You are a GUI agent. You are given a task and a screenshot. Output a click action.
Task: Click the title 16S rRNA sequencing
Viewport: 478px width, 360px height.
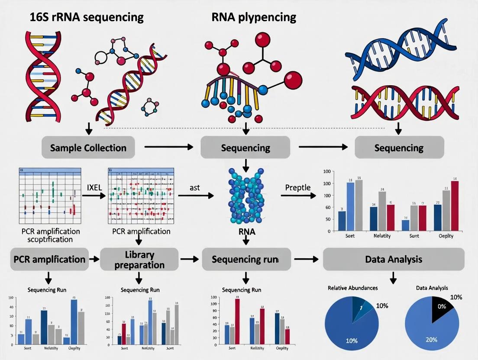(75, 17)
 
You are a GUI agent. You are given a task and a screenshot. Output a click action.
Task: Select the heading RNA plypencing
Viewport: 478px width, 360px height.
(254, 17)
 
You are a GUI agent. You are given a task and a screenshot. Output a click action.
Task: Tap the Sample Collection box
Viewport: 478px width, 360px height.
(88, 148)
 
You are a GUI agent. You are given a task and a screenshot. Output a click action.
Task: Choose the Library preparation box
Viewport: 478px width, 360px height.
(139, 259)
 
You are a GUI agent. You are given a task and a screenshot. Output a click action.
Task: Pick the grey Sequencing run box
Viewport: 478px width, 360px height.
(245, 259)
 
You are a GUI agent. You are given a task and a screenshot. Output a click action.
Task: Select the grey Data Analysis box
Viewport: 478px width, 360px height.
(394, 259)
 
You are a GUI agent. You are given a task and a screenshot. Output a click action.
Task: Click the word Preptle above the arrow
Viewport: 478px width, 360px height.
(298, 187)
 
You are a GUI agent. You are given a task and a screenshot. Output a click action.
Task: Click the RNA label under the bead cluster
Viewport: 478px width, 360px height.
(247, 232)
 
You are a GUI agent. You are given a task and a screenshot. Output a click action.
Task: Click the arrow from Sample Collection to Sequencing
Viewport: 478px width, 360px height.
(168, 148)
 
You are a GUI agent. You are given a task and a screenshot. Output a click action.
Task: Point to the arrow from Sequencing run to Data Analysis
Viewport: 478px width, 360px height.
(306, 259)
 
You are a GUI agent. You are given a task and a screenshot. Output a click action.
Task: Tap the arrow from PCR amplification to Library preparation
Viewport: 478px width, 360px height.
(94, 259)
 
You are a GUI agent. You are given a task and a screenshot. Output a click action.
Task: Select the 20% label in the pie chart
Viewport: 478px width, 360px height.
(431, 339)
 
